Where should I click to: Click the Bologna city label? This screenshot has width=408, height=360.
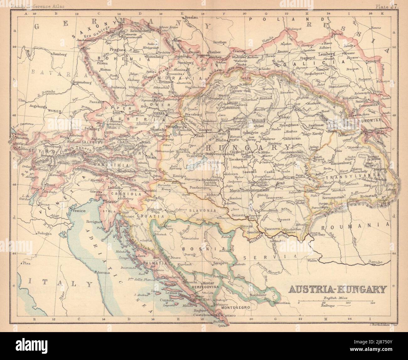click(x=44, y=233)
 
